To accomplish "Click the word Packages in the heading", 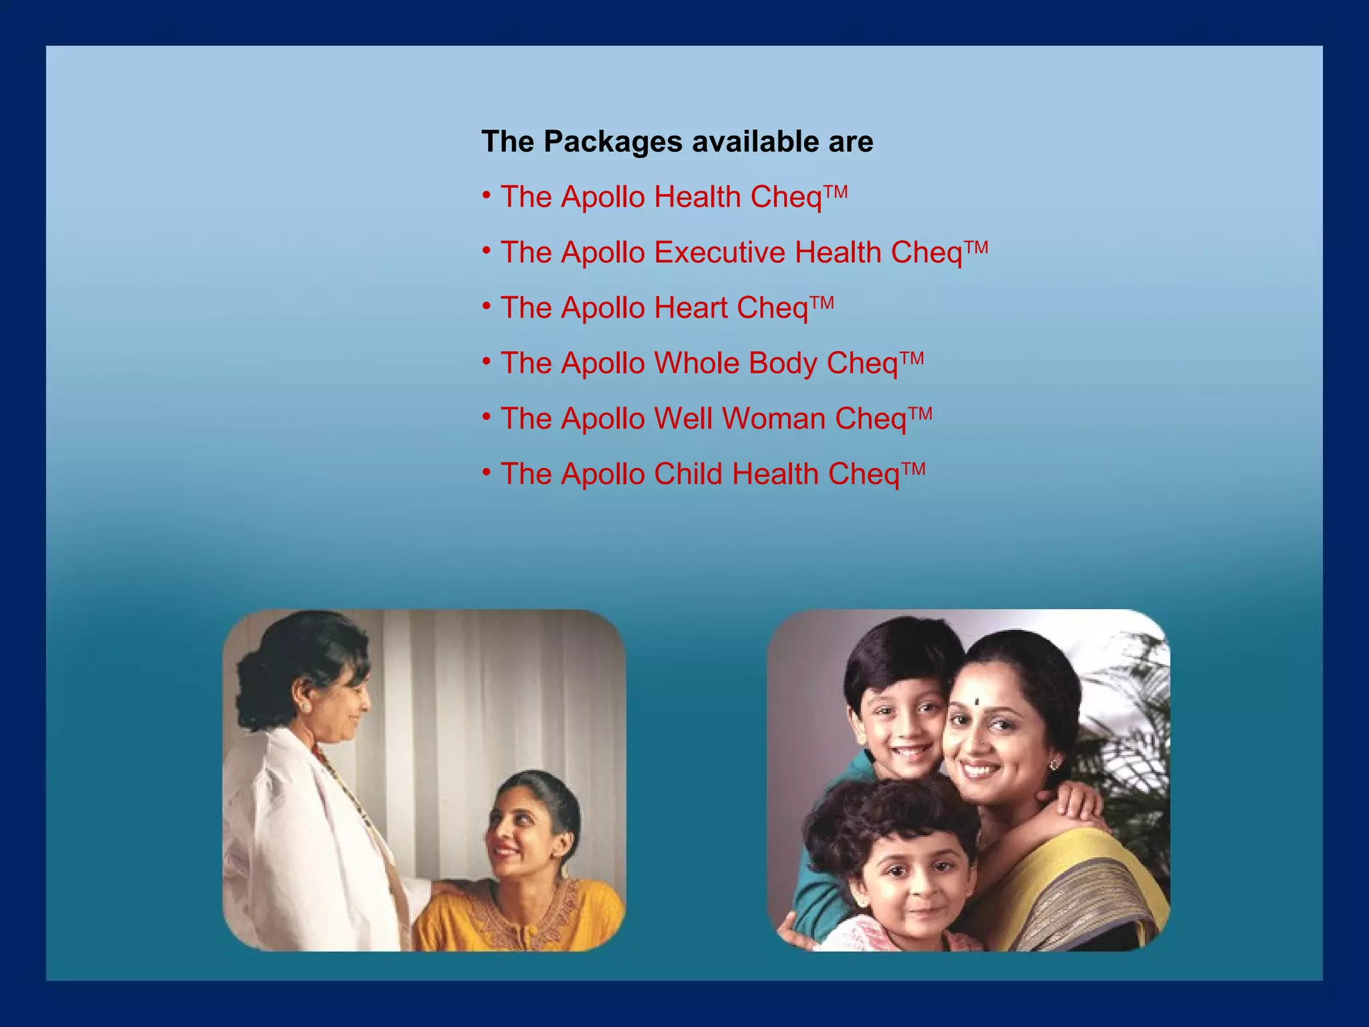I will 612,142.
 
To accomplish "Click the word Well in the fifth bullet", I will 683,419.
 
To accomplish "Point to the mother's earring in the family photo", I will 1055,763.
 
